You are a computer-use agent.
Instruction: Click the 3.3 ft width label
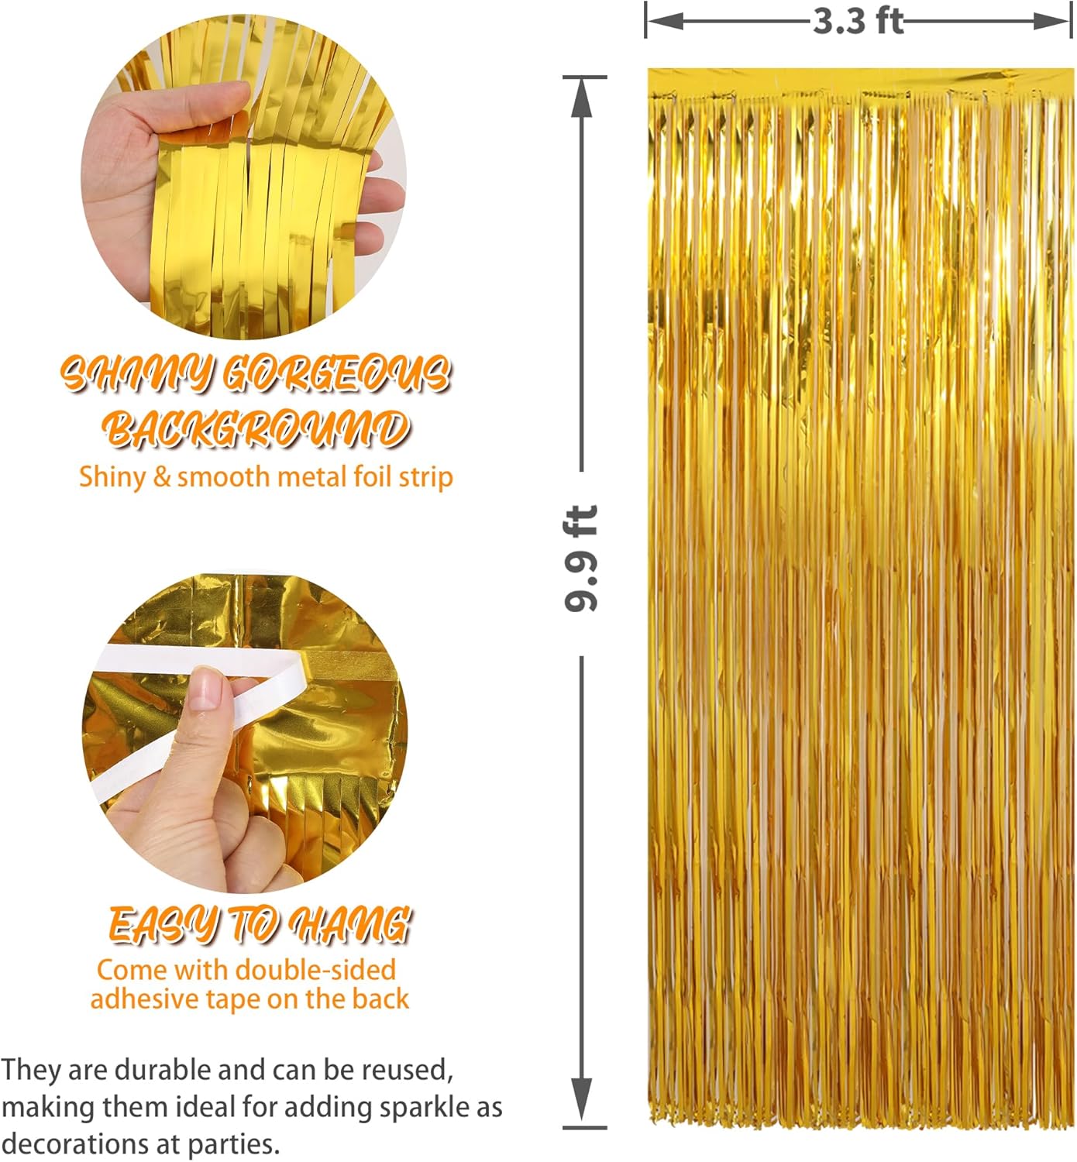tap(858, 21)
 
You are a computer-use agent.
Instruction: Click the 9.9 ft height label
tap(581, 558)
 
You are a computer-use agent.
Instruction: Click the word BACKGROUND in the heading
tap(256, 428)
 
